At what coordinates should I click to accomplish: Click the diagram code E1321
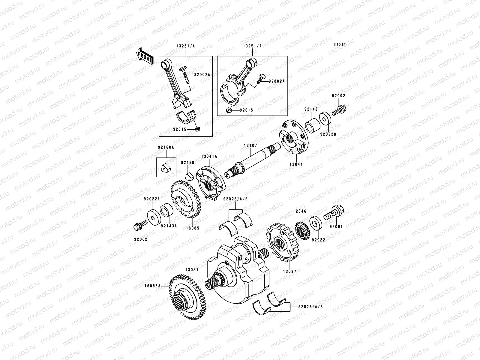click(340, 44)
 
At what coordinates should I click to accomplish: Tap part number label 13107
click(250, 145)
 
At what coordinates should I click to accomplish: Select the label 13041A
click(209, 156)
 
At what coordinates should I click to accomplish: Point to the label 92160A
click(166, 147)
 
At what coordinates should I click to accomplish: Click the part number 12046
click(300, 211)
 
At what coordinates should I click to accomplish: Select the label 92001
click(336, 227)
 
